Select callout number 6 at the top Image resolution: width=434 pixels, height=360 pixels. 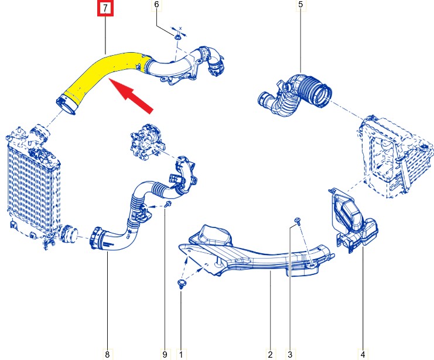point(156,5)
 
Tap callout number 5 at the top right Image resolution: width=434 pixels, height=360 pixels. point(300,5)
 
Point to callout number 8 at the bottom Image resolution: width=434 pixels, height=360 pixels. point(107,354)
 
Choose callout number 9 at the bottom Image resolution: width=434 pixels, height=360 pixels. point(165,354)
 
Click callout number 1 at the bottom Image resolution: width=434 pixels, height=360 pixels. point(181,354)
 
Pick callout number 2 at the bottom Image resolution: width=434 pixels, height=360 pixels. point(270,354)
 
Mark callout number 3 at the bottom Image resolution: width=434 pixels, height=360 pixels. point(290,354)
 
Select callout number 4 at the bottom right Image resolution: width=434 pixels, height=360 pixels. point(363,354)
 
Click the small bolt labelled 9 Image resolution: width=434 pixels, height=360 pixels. point(168,204)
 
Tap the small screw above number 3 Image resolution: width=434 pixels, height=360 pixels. point(298,220)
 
